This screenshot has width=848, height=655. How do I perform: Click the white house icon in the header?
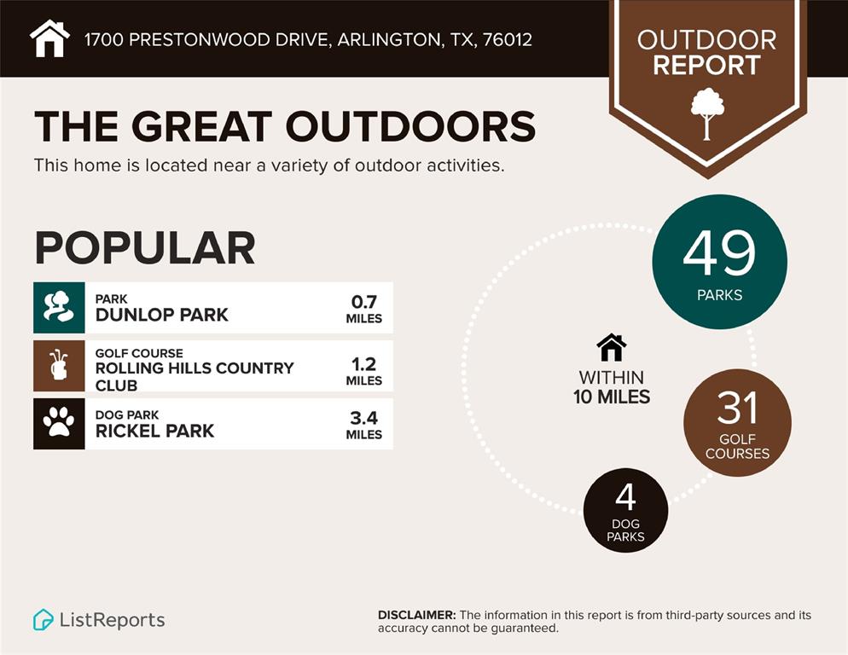(x=49, y=38)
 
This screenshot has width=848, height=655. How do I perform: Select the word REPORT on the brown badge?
(x=706, y=65)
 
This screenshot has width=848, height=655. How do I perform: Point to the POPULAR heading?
(x=144, y=247)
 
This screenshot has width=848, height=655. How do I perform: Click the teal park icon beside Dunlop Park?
(x=59, y=307)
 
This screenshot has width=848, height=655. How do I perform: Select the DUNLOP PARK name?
(x=161, y=315)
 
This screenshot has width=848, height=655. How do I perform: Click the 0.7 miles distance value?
(x=363, y=302)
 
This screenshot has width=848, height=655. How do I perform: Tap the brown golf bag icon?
(x=59, y=365)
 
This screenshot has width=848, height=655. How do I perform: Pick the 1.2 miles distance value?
(x=363, y=364)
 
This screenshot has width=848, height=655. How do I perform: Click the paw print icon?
(x=59, y=423)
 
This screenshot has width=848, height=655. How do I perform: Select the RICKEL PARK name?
(x=154, y=431)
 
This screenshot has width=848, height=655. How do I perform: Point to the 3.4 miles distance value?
(x=363, y=418)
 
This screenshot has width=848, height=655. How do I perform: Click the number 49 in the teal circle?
(x=719, y=253)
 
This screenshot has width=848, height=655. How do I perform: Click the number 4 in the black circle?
(x=625, y=498)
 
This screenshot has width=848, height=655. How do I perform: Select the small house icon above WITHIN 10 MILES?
(x=611, y=348)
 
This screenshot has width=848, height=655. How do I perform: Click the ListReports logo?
(x=99, y=620)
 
